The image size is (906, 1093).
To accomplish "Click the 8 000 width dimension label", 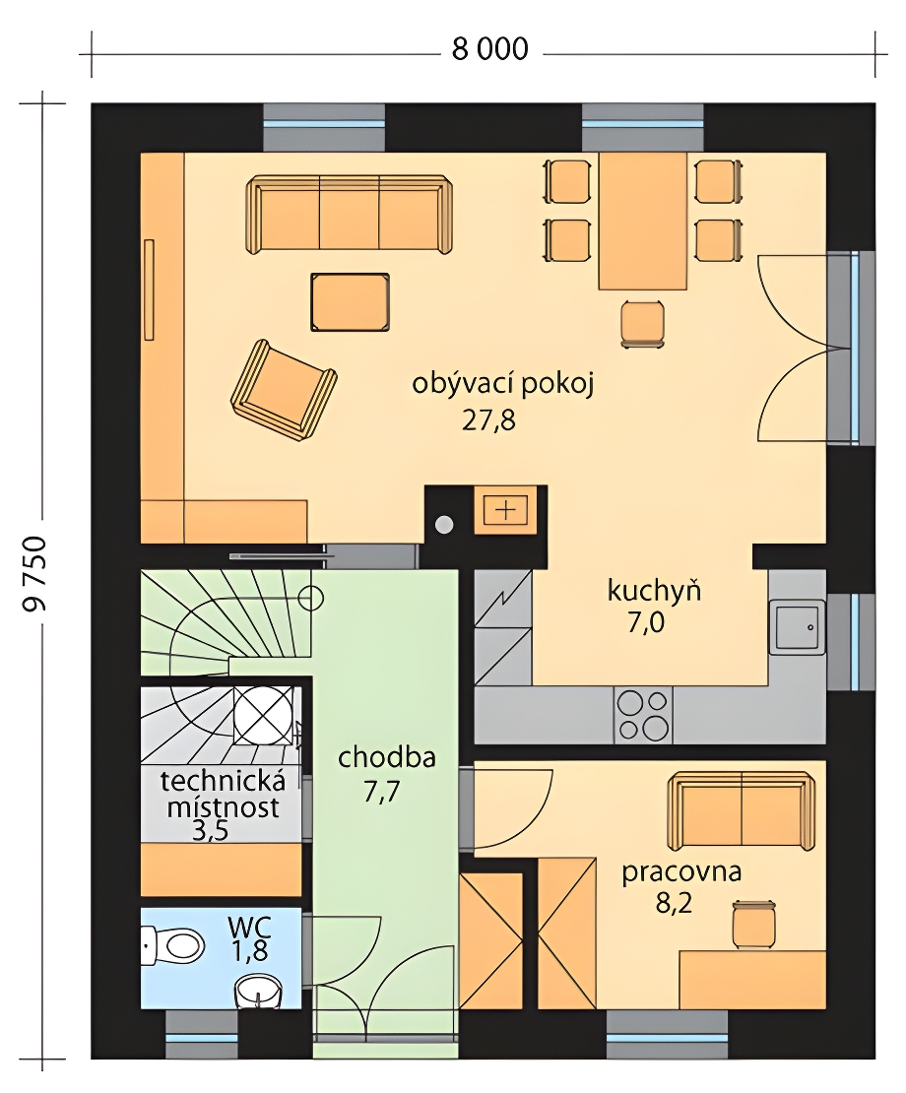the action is (490, 49).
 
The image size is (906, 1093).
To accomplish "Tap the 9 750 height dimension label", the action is (34, 573).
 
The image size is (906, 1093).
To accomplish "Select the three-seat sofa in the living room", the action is (349, 214).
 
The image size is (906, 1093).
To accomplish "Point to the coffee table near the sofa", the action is (350, 302).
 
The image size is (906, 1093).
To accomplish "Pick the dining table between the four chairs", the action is (643, 221).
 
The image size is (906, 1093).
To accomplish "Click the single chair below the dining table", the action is (643, 323).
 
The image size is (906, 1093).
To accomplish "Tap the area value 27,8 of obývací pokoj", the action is (488, 421).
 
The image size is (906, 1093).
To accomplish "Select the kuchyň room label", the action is (655, 591).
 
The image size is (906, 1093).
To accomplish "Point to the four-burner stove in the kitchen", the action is (643, 715).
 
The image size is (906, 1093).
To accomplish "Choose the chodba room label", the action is (387, 757).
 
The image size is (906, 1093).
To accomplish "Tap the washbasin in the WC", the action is (259, 991).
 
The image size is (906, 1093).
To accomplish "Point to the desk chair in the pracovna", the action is (754, 925).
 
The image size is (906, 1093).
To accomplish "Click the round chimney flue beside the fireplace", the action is (444, 524).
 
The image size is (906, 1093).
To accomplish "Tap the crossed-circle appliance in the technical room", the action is (263, 716).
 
